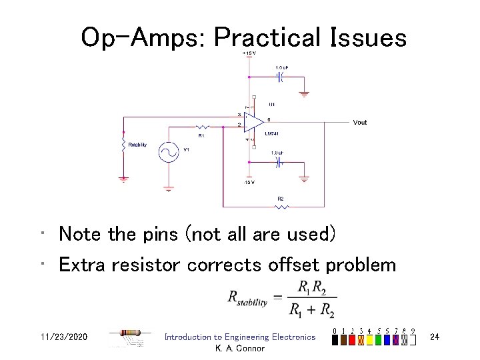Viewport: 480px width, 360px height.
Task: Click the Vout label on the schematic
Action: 360,123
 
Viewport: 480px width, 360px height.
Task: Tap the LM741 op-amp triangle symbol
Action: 253,122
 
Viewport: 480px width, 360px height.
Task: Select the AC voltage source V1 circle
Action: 168,152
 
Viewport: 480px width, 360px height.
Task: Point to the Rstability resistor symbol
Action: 123,145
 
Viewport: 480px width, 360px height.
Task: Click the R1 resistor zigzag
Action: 201,126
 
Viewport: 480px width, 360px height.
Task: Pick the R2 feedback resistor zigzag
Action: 281,207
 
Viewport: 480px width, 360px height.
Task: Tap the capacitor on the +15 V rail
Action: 281,77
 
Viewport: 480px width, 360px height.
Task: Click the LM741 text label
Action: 271,134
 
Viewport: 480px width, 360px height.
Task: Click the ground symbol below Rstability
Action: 123,178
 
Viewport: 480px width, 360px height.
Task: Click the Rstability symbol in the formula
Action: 247,299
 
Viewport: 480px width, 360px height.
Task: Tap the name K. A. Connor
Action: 240,348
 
